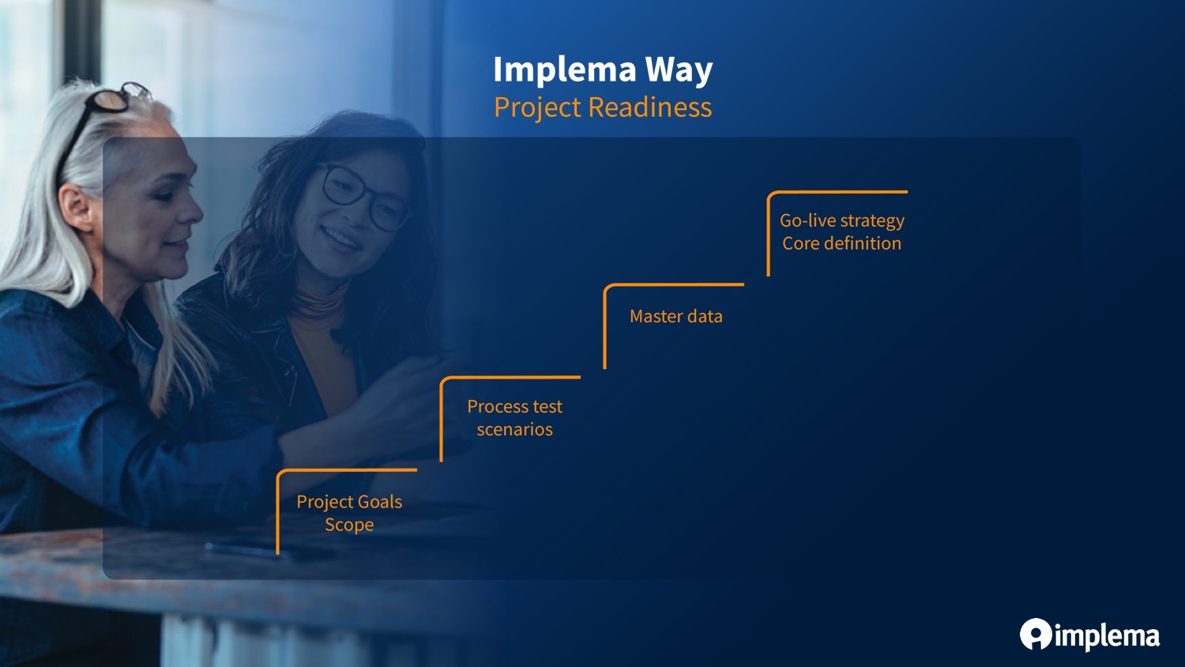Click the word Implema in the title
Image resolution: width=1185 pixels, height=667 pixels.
pyautogui.click(x=565, y=70)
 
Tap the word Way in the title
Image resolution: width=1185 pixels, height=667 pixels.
pyautogui.click(x=679, y=70)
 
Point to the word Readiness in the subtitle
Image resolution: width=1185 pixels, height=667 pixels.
pyautogui.click(x=650, y=107)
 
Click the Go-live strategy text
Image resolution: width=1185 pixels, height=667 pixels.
pyautogui.click(x=841, y=220)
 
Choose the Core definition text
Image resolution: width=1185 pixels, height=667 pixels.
pyautogui.click(x=841, y=243)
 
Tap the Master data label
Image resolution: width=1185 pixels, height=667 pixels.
pyautogui.click(x=675, y=317)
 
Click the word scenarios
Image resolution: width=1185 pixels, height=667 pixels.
pyautogui.click(x=515, y=429)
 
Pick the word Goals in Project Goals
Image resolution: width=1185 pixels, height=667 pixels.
pyautogui.click(x=380, y=502)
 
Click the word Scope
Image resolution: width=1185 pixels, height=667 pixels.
pyautogui.click(x=349, y=525)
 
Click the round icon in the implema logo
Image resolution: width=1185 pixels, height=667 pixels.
pyautogui.click(x=1035, y=634)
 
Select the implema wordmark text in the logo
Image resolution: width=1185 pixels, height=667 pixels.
pyautogui.click(x=1108, y=637)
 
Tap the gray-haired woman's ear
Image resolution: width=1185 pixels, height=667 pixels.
pyautogui.click(x=77, y=207)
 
